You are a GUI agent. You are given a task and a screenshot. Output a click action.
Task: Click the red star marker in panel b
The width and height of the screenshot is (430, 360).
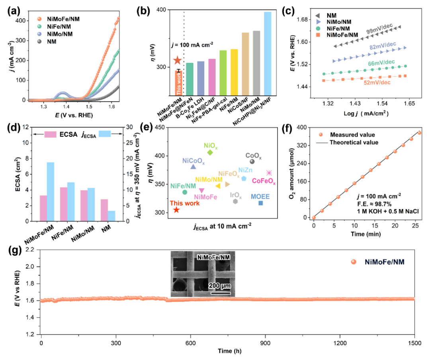coord(177,61)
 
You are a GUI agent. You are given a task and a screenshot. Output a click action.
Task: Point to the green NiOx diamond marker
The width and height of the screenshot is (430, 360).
coord(210,153)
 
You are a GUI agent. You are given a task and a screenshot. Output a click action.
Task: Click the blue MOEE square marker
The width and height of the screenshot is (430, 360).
coord(261,203)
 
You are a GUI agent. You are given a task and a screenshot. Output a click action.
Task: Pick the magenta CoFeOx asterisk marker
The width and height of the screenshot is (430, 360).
coord(269,173)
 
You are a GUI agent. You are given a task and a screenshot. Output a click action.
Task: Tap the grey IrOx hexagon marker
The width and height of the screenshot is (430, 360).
coord(235,202)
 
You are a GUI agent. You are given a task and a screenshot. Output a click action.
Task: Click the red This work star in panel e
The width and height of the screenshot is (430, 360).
coord(176,210)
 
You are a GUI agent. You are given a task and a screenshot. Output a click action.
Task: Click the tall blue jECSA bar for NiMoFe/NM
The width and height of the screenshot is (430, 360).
coord(51,192)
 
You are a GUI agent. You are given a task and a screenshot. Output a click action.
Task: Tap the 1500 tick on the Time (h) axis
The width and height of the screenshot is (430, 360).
coord(415,342)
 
